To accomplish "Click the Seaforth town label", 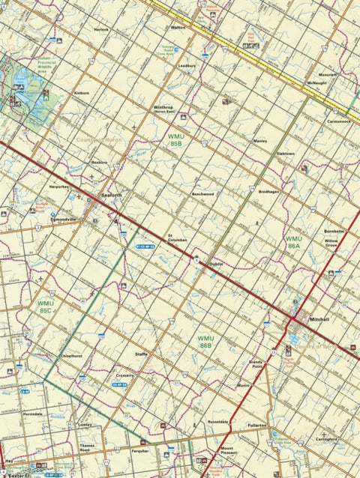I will point(111,197).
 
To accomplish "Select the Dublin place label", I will point(216,264).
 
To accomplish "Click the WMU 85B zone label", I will point(176,139).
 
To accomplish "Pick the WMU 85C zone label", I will point(45,306).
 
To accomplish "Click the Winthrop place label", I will point(163,107).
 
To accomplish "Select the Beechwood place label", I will point(202,194).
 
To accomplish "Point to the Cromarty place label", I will point(125,375).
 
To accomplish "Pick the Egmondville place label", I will point(64,219).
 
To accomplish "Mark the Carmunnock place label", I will point(338,121).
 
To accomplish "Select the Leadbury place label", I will point(186,65).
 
